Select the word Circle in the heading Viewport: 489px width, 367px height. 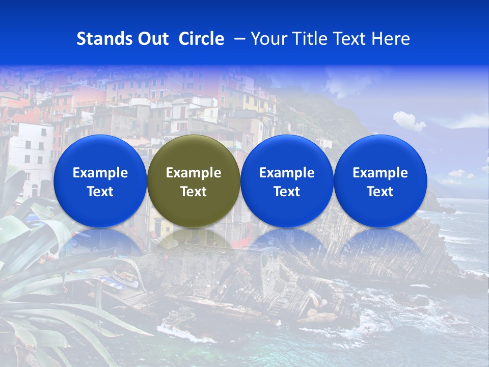tap(201, 39)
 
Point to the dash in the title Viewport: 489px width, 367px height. tap(237, 39)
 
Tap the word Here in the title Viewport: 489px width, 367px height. tap(390, 39)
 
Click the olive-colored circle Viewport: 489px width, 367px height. tap(194, 153)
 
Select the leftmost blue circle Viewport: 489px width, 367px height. tap(100, 153)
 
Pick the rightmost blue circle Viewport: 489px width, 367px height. tap(381, 153)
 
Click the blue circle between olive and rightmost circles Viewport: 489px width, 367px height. tap(287, 153)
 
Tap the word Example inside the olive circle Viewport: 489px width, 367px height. tap(194, 173)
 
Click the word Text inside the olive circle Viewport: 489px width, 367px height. tap(194, 192)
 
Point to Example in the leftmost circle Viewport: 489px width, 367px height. tap(100, 173)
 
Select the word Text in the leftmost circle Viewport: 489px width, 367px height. tap(100, 192)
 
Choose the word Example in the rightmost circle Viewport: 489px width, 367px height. tap(381, 173)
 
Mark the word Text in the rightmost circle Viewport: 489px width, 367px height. tap(381, 192)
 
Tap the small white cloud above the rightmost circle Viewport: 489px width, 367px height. tap(409, 121)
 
